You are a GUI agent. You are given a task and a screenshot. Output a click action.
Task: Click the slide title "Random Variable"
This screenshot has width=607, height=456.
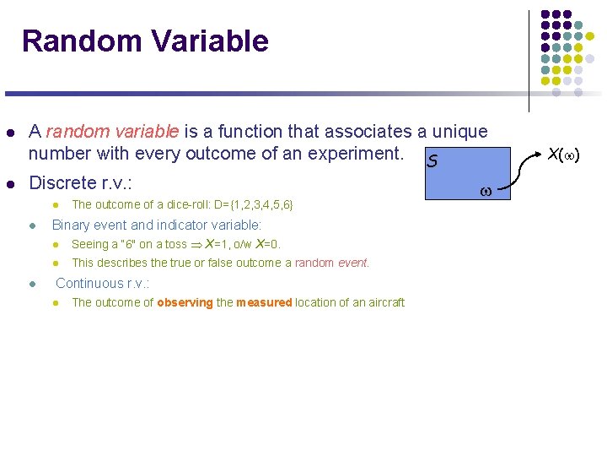[x=145, y=41]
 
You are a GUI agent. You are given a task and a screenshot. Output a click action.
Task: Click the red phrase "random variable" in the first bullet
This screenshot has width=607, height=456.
[x=112, y=132]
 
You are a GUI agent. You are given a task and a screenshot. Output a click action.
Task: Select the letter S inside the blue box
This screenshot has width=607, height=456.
[x=432, y=160]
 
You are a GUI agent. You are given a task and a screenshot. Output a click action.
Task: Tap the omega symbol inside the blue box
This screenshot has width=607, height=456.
[x=486, y=192]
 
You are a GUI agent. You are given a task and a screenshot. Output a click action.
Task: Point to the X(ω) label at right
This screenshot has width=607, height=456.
[x=564, y=155]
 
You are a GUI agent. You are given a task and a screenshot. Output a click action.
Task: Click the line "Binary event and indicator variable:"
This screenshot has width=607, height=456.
[x=157, y=225]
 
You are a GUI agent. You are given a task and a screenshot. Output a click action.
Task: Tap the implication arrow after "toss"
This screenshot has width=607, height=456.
[x=196, y=244]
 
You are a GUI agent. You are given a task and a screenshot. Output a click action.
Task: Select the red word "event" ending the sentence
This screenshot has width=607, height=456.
[x=353, y=263]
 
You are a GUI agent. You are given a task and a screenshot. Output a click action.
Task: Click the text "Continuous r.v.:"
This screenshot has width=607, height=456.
[x=102, y=283]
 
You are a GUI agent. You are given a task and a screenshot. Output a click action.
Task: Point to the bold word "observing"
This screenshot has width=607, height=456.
[x=185, y=302]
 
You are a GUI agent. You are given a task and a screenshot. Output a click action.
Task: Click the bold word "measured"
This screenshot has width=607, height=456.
[x=264, y=302]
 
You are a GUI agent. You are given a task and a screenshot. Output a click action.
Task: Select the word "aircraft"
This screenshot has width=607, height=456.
[x=384, y=302]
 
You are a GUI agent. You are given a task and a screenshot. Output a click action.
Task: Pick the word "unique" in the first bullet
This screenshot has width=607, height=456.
[x=459, y=132]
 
